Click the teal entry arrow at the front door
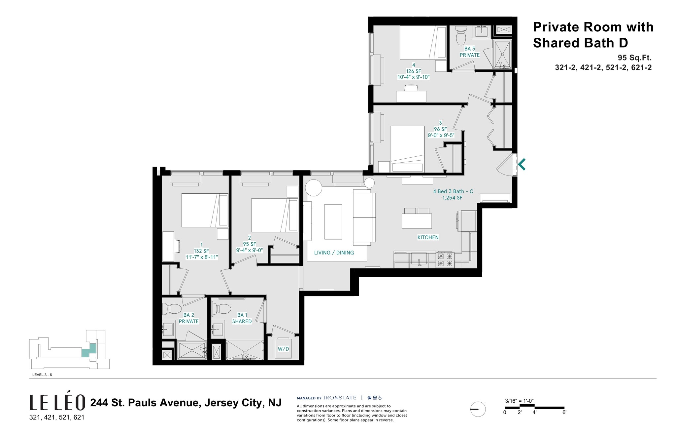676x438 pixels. [522, 164]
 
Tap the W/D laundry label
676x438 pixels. [283, 349]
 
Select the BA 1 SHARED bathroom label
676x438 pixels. [242, 318]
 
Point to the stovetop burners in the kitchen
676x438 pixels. [445, 259]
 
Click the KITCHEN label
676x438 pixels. [428, 237]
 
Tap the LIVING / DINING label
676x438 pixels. [334, 253]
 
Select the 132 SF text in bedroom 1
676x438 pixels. [201, 251]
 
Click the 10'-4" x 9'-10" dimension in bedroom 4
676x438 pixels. [413, 77]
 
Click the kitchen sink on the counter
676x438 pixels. [419, 259]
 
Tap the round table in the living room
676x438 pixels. [313, 188]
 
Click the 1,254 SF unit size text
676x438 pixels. [452, 198]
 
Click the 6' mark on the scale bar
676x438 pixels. [564, 413]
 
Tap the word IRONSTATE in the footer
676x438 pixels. [340, 398]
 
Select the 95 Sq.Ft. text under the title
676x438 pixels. [634, 58]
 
